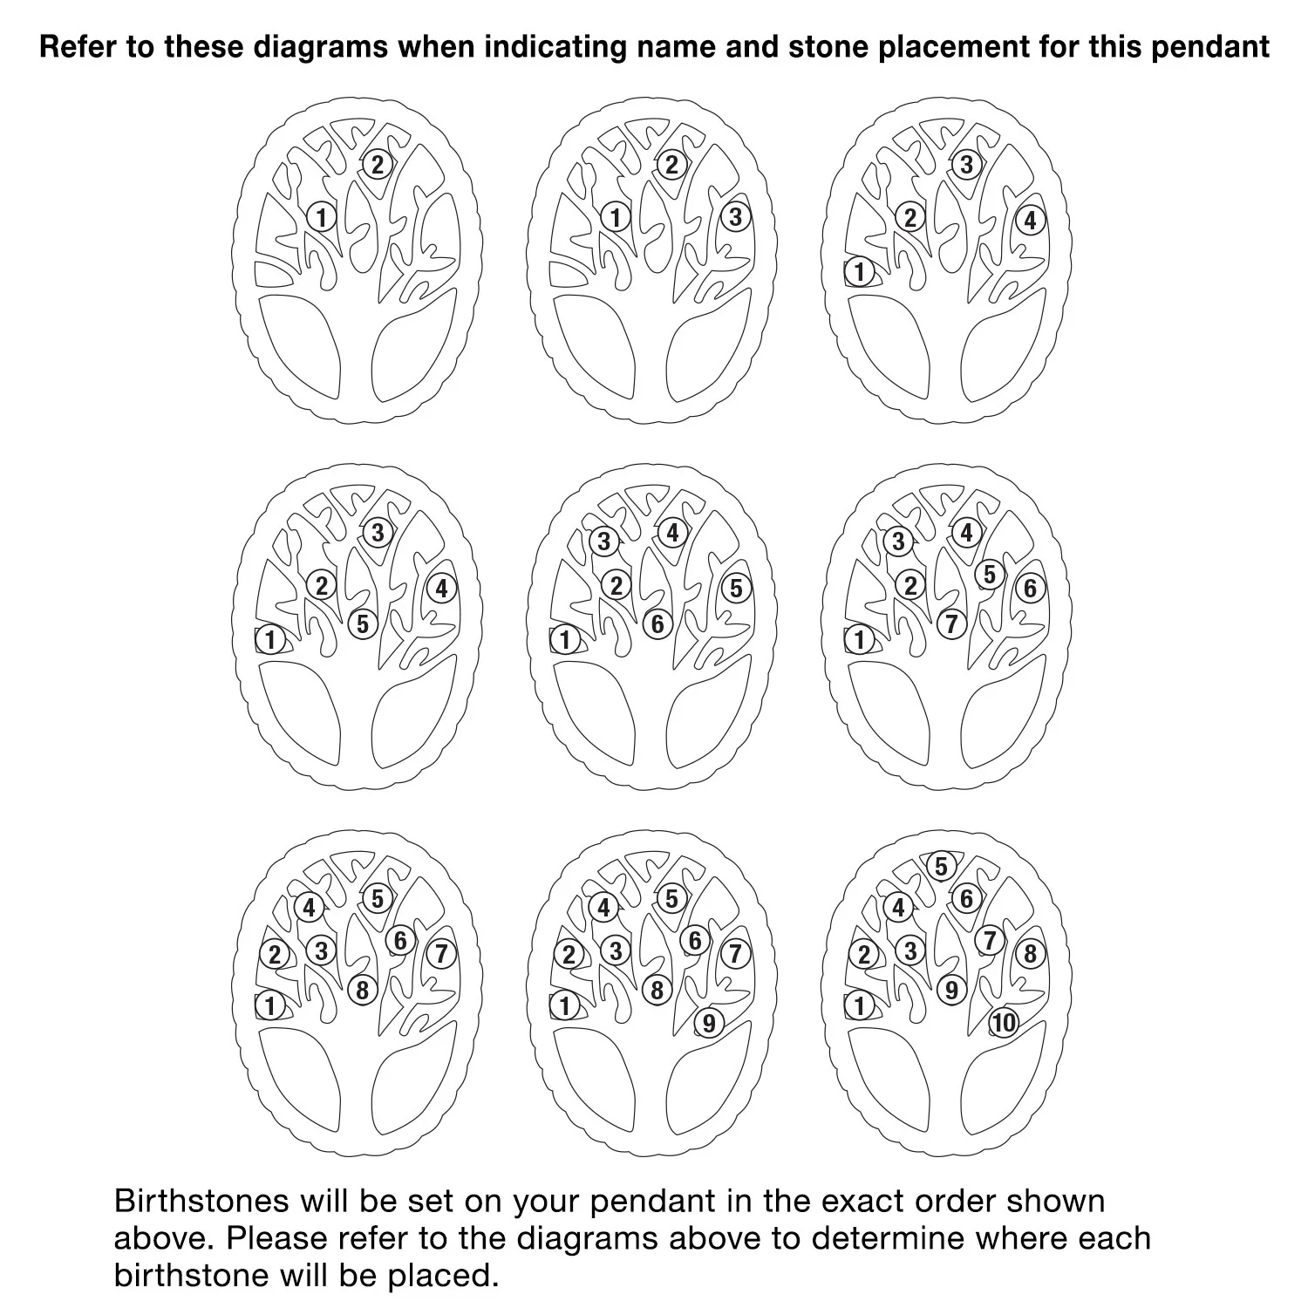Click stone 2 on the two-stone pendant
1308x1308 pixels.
tap(378, 164)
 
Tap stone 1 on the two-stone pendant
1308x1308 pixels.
tap(322, 216)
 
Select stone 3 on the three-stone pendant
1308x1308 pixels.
tap(735, 216)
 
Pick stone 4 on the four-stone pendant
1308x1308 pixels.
tap(1030, 221)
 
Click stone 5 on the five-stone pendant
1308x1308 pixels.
tap(363, 624)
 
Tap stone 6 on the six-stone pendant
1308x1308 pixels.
tap(657, 624)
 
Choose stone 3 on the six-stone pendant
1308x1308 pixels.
tap(603, 542)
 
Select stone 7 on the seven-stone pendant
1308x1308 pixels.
tap(951, 624)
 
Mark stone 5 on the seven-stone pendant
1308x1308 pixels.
tap(989, 575)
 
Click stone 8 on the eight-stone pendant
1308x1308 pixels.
tap(363, 991)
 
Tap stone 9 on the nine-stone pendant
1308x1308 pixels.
tap(708, 1023)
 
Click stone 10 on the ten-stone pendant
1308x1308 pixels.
tap(1004, 1023)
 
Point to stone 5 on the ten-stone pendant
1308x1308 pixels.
tap(941, 867)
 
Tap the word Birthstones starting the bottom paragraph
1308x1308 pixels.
tap(201, 1201)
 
